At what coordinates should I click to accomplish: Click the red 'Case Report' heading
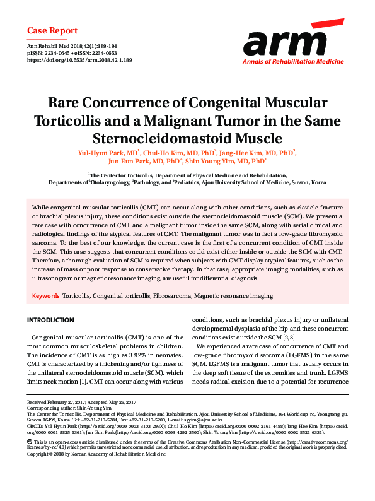point(52,30)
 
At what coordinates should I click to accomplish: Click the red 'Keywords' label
point(45,295)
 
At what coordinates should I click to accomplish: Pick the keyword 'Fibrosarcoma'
point(170,295)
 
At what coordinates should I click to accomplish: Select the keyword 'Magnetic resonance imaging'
point(233,295)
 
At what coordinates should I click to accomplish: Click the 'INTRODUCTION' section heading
point(50,321)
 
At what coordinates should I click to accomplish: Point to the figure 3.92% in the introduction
point(137,355)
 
